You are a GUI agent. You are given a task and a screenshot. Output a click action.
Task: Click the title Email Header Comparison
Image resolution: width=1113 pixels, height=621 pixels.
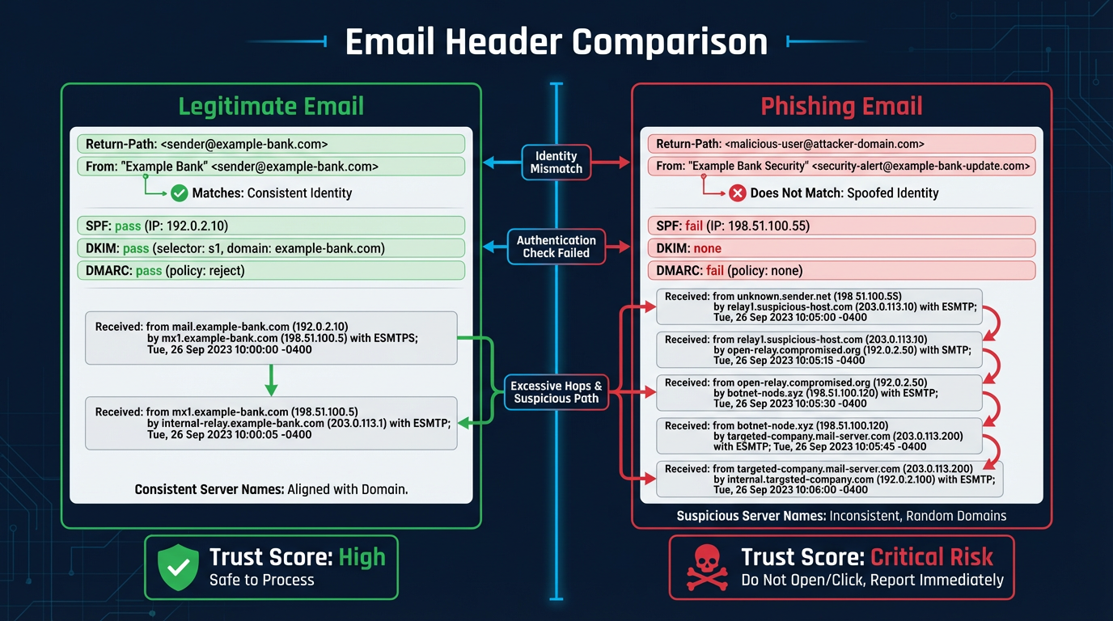[556, 42]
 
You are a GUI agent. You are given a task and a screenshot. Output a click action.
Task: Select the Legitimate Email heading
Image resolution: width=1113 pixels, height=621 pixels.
[271, 106]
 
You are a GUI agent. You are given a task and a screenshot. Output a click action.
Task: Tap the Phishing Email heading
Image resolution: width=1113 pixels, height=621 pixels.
[841, 107]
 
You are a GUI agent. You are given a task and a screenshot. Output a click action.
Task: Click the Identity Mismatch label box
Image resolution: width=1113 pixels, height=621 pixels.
[556, 163]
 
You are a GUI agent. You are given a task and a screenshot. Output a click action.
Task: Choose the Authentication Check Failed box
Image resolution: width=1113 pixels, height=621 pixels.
[556, 247]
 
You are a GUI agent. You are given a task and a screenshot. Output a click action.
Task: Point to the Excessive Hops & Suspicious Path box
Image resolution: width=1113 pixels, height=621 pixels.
[556, 392]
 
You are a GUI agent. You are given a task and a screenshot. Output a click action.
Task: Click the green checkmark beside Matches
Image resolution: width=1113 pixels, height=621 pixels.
[180, 193]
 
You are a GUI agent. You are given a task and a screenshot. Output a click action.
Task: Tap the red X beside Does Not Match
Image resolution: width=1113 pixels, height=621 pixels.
[738, 193]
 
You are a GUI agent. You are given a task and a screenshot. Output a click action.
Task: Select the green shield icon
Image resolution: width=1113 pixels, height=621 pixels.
[176, 567]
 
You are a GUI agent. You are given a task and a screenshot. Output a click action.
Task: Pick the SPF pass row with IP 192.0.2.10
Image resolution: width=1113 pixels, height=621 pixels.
[271, 226]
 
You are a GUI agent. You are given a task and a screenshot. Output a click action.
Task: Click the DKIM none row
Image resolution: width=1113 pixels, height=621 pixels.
[841, 248]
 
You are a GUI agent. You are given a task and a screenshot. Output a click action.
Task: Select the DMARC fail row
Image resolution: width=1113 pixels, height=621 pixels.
[841, 271]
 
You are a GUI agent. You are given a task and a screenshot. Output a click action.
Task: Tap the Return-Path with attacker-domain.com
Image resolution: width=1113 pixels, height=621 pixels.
[841, 144]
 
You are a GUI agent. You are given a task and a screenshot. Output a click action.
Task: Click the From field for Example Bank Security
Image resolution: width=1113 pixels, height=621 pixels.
[841, 166]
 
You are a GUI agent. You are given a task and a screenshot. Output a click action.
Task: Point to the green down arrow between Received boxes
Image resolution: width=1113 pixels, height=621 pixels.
[271, 379]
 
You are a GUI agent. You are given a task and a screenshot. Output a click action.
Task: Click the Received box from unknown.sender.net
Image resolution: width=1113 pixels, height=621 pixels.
[819, 307]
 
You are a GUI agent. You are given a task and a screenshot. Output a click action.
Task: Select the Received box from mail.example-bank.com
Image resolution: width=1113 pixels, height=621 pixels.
[271, 338]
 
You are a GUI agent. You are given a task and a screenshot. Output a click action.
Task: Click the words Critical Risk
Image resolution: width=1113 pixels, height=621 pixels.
[931, 557]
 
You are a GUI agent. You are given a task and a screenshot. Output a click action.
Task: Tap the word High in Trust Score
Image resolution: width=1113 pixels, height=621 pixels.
[362, 557]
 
